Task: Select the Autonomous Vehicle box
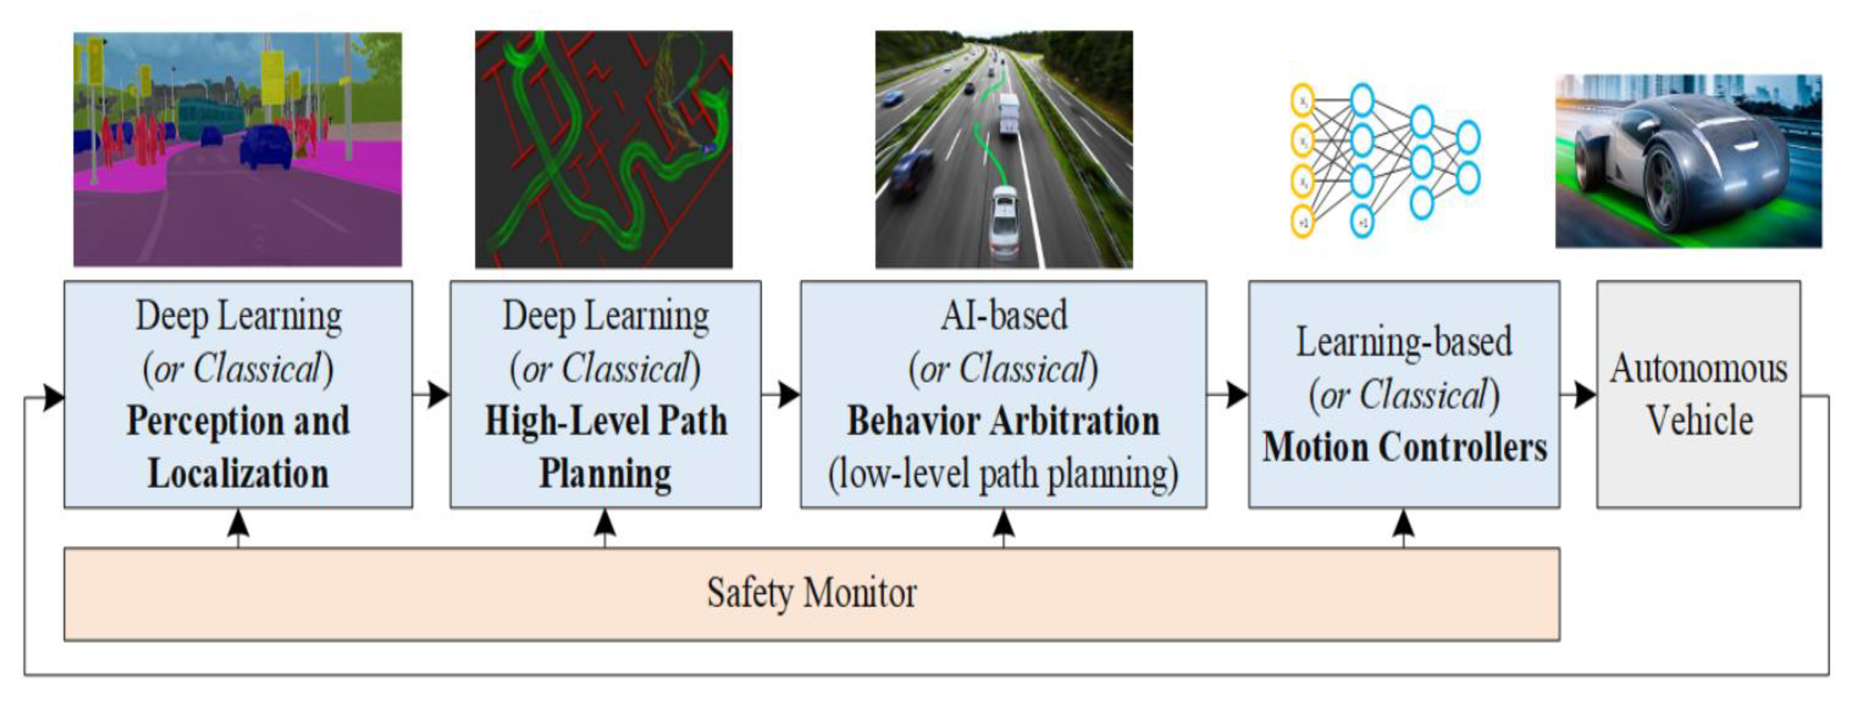click(1698, 395)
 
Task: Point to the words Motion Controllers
click(1404, 447)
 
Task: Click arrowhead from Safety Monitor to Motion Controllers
click(1404, 523)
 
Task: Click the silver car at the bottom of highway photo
click(1004, 219)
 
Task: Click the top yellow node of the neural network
click(1303, 101)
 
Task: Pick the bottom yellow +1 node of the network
click(1303, 221)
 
